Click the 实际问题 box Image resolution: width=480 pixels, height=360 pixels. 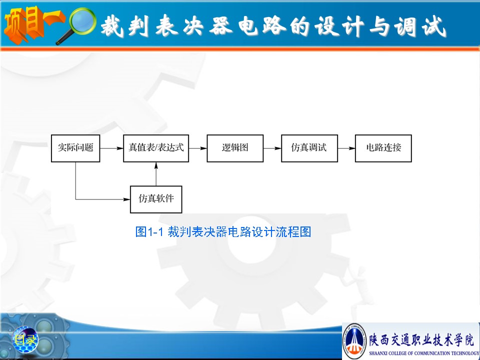pyautogui.click(x=75, y=148)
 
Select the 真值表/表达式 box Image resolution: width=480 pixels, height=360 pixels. pyautogui.click(x=156, y=148)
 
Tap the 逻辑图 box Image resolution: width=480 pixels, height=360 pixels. pyautogui.click(x=235, y=148)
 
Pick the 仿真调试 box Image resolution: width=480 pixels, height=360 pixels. pyautogui.click(x=309, y=148)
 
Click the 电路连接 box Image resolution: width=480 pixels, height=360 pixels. pyautogui.click(x=383, y=148)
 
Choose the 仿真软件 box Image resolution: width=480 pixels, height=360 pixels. pyautogui.click(x=156, y=199)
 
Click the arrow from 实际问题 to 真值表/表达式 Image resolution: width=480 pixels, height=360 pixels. pyautogui.click(x=111, y=148)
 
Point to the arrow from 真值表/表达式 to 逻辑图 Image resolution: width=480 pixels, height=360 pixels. pyautogui.click(x=198, y=148)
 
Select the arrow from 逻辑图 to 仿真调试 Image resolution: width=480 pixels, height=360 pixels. pyautogui.click(x=272, y=148)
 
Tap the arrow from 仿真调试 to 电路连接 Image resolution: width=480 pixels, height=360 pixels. pyautogui.click(x=346, y=148)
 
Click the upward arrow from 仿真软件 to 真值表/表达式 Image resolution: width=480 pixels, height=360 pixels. pyautogui.click(x=156, y=174)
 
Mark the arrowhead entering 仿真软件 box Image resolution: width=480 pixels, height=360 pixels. pyautogui.click(x=126, y=199)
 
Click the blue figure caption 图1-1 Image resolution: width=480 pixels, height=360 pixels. pyautogui.click(x=223, y=231)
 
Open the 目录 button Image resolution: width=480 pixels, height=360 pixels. pyautogui.click(x=25, y=339)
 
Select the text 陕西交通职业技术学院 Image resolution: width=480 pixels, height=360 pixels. pyautogui.click(x=421, y=339)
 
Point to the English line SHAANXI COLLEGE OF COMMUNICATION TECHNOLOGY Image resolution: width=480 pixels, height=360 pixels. pyautogui.click(x=424, y=353)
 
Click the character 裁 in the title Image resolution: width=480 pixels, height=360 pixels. pyautogui.click(x=112, y=26)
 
